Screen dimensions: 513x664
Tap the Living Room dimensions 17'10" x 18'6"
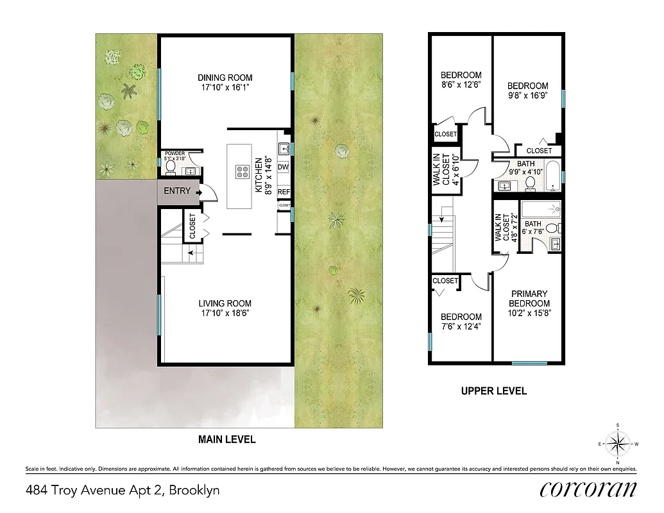pyautogui.click(x=224, y=313)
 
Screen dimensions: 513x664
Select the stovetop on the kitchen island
pyautogui.click(x=243, y=172)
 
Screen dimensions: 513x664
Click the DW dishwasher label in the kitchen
pyautogui.click(x=284, y=168)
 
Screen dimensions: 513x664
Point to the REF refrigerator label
pyautogui.click(x=284, y=192)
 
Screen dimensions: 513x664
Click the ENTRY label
pyautogui.click(x=176, y=191)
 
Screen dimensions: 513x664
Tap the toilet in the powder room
pyautogui.click(x=171, y=167)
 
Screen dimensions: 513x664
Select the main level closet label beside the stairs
pyautogui.click(x=192, y=226)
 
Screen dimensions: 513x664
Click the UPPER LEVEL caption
pyautogui.click(x=494, y=391)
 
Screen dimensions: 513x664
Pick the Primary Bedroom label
pyautogui.click(x=529, y=299)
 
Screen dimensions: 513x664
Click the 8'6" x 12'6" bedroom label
pyautogui.click(x=461, y=80)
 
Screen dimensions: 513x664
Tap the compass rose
pyautogui.click(x=617, y=444)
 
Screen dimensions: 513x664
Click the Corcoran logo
pyautogui.click(x=588, y=489)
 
